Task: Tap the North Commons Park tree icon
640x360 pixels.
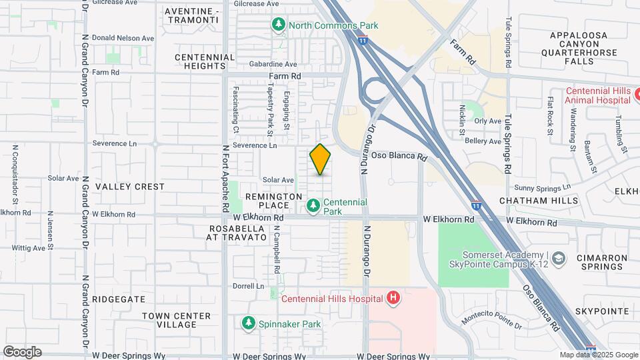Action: pos(279,25)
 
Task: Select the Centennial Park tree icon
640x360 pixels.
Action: pos(313,206)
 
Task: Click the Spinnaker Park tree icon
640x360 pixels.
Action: pos(248,324)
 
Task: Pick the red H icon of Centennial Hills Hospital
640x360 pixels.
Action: pos(393,298)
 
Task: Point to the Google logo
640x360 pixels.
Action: pos(22,352)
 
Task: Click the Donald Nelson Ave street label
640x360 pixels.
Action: pos(122,38)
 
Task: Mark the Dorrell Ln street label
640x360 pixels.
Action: pos(248,286)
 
